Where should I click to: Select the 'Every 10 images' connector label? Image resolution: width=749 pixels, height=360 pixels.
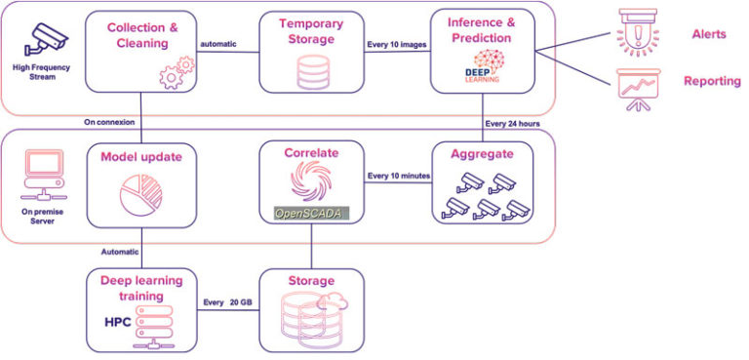[397, 43]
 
